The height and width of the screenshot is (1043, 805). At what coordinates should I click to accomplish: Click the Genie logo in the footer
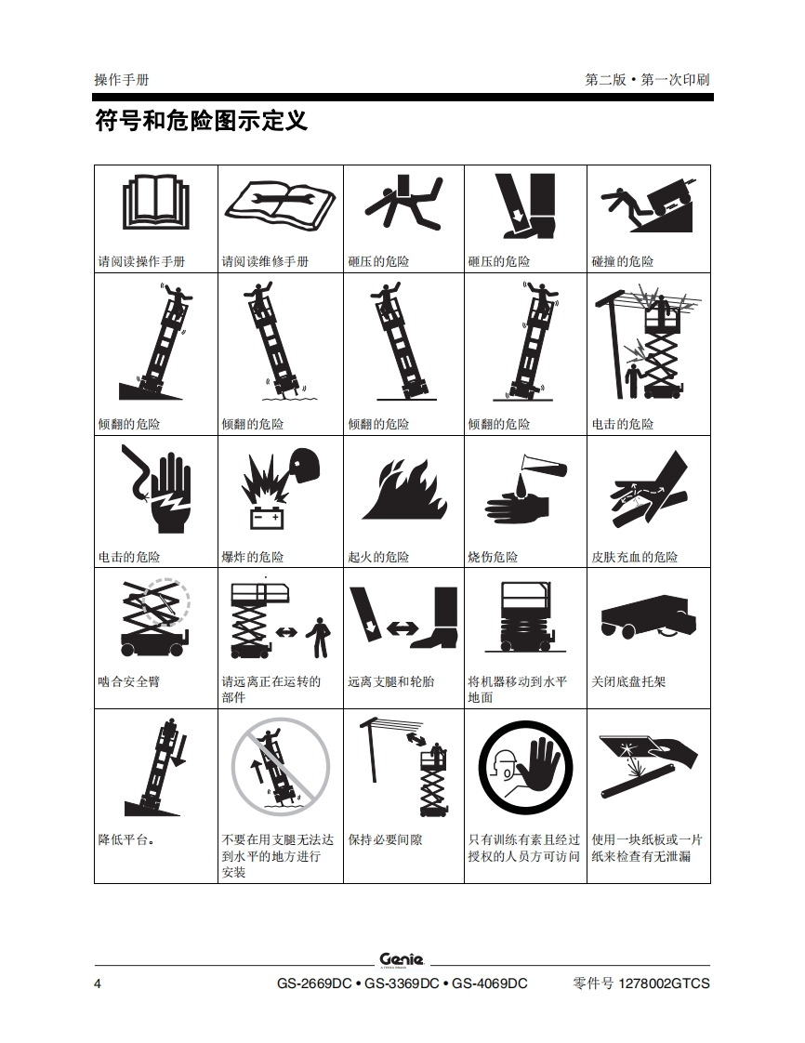402,959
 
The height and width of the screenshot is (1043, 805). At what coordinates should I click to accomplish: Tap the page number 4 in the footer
98,984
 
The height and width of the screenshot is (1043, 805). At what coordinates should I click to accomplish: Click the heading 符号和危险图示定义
202,121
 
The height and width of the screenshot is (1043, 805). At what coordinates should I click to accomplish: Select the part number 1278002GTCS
664,984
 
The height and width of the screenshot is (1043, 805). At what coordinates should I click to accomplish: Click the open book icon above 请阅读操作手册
155,202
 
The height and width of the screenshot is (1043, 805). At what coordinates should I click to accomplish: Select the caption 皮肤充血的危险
635,557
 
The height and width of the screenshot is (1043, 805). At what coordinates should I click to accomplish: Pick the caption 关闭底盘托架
628,681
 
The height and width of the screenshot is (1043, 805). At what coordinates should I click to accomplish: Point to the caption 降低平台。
127,839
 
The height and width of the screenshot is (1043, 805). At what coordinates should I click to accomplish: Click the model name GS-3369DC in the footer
402,984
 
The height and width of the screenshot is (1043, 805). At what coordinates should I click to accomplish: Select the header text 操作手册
122,80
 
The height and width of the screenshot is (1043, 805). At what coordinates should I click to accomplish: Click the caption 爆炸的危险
252,557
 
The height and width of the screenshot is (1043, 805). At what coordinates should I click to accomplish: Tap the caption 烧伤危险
493,557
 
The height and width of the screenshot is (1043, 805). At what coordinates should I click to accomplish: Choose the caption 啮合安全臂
129,681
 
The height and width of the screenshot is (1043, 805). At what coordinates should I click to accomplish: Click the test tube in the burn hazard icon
544,464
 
